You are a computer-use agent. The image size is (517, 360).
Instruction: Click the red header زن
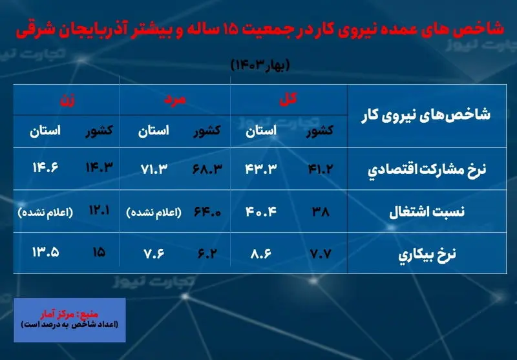pyautogui.click(x=67, y=100)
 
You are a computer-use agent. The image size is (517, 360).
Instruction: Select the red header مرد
pyautogui.click(x=174, y=100)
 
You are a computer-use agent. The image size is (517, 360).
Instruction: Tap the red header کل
pyautogui.click(x=288, y=99)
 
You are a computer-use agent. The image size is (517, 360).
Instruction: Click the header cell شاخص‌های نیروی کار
pyautogui.click(x=426, y=115)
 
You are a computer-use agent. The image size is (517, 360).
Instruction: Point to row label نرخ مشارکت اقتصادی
pyautogui.click(x=427, y=169)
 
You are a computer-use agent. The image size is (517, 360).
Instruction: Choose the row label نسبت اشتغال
pyautogui.click(x=427, y=211)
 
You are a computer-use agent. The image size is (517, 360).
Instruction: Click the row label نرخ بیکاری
pyautogui.click(x=427, y=254)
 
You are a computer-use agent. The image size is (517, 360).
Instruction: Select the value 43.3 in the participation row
pyautogui.click(x=260, y=169)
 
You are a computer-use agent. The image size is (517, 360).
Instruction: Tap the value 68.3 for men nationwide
pyautogui.click(x=207, y=169)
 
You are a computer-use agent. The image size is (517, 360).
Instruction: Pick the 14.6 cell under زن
pyautogui.click(x=45, y=168)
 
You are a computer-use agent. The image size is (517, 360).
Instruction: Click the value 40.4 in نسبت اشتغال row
pyautogui.click(x=260, y=211)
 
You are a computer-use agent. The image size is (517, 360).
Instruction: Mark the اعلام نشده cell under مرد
pyautogui.click(x=154, y=212)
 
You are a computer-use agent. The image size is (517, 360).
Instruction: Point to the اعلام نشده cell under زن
pyautogui.click(x=45, y=212)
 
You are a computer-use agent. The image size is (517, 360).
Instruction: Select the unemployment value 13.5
pyautogui.click(x=45, y=253)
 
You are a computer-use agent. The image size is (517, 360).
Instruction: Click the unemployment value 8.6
pyautogui.click(x=260, y=253)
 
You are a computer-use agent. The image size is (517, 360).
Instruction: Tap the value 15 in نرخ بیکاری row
pyautogui.click(x=99, y=253)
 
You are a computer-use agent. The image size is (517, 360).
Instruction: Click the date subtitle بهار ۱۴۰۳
pyautogui.click(x=260, y=65)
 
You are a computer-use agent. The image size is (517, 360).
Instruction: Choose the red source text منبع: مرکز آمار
pyautogui.click(x=69, y=314)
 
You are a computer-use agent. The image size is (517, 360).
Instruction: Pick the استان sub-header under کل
pyautogui.click(x=261, y=131)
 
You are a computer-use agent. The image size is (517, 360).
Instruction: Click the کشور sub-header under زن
pyautogui.click(x=99, y=131)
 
